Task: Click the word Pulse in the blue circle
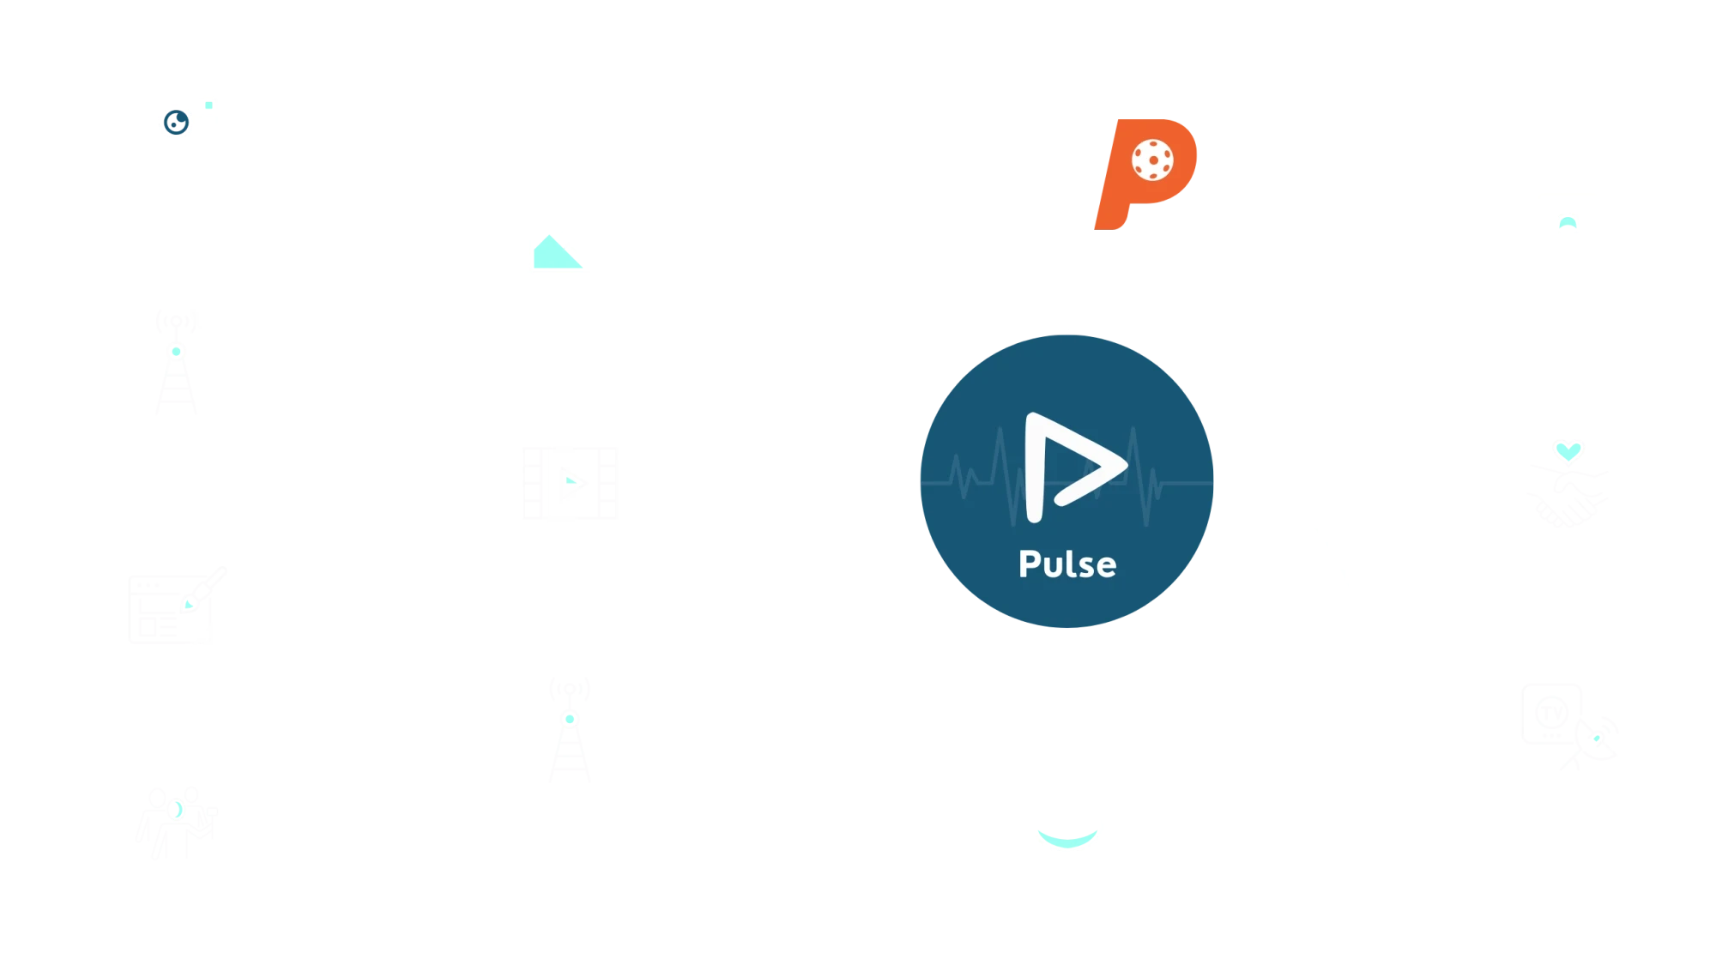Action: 1067,564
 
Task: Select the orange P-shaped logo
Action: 1145,172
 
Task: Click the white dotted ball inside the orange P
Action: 1152,160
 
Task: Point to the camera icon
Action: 175,118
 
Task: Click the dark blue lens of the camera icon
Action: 177,123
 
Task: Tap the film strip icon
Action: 573,483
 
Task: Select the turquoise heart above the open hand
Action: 1568,449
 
